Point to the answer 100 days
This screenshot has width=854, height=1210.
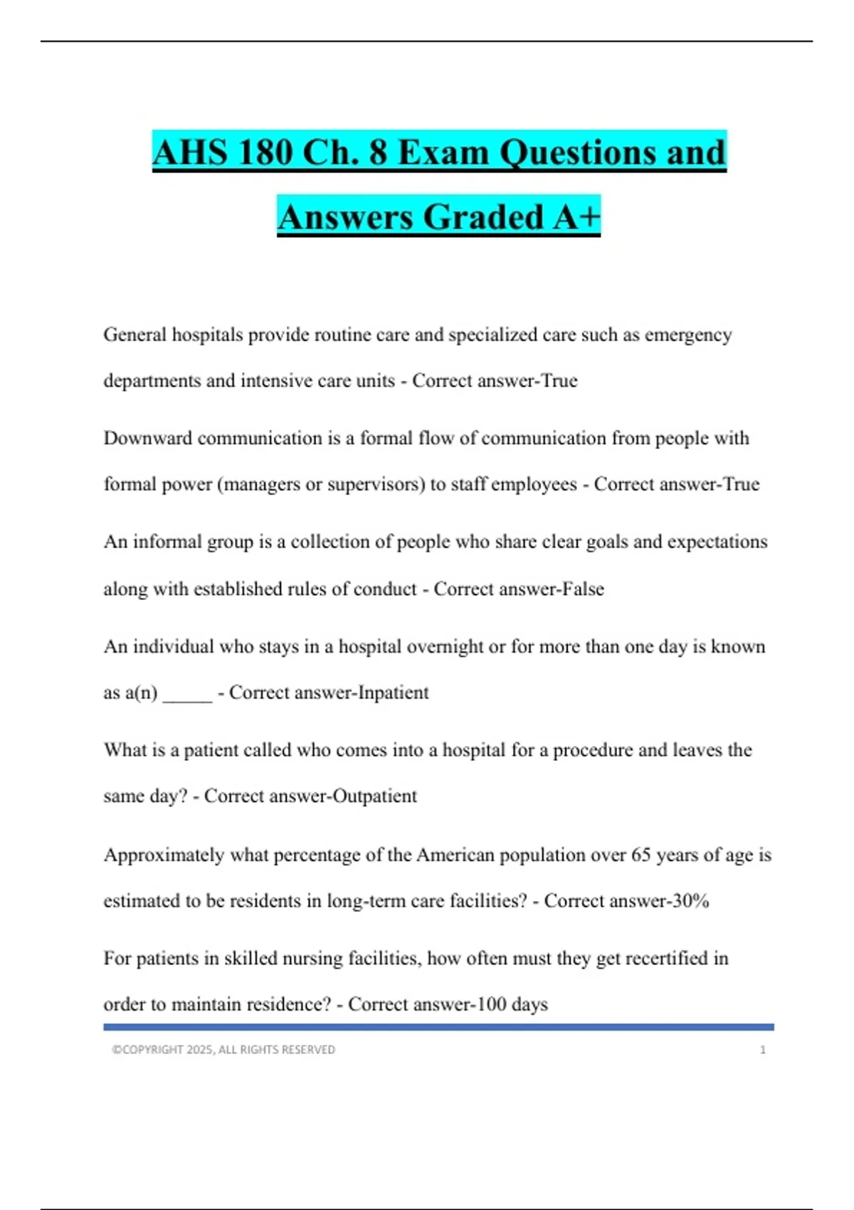click(x=512, y=1004)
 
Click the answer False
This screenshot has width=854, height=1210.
click(x=583, y=589)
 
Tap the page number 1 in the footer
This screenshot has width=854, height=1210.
click(x=763, y=1050)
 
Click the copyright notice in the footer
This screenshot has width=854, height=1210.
click(x=223, y=1050)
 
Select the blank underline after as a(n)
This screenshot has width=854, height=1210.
click(x=188, y=694)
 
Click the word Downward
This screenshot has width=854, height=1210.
click(x=148, y=438)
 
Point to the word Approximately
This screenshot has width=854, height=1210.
click(x=164, y=854)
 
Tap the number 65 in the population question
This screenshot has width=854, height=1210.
click(x=641, y=854)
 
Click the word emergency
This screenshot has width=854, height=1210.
click(x=688, y=335)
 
